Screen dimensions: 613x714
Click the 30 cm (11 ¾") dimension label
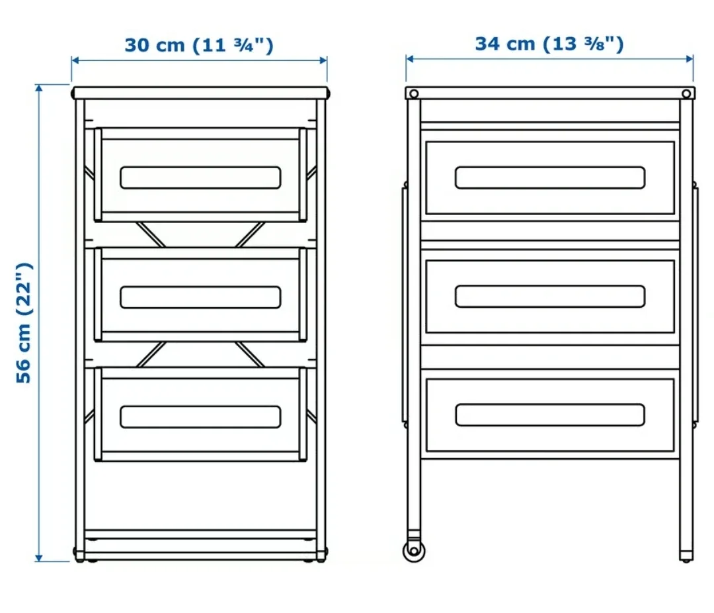pyautogui.click(x=199, y=45)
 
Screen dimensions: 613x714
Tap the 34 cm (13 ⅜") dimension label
pyautogui.click(x=549, y=44)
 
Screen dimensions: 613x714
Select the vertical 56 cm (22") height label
pyautogui.click(x=24, y=322)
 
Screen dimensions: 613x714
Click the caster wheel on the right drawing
pyautogui.click(x=414, y=549)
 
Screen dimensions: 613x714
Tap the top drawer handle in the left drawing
pyautogui.click(x=200, y=177)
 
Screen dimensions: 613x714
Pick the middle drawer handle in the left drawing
pyautogui.click(x=200, y=297)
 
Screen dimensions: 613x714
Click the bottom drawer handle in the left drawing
pyautogui.click(x=200, y=416)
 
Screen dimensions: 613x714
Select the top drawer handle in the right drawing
pyautogui.click(x=549, y=177)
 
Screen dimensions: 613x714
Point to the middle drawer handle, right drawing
pyautogui.click(x=549, y=297)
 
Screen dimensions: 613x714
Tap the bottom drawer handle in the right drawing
pyautogui.click(x=549, y=415)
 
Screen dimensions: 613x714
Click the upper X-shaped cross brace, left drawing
pyautogui.click(x=200, y=234)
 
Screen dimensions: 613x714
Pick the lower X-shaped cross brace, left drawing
pyautogui.click(x=200, y=354)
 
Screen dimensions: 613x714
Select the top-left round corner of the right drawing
pyautogui.click(x=414, y=93)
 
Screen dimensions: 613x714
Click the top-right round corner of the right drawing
pyautogui.click(x=688, y=93)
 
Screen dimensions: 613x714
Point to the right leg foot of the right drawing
pyautogui.click(x=687, y=555)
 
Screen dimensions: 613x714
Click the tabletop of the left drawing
pyautogui.click(x=200, y=93)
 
